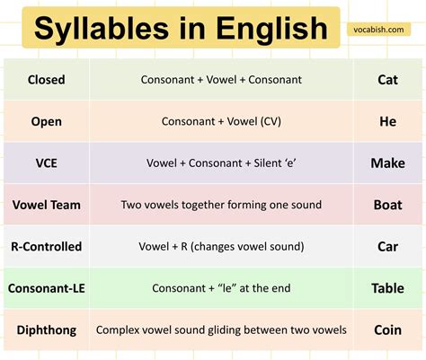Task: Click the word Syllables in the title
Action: [102, 29]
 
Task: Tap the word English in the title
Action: [271, 29]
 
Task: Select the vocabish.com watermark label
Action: [378, 30]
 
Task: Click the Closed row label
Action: [47, 80]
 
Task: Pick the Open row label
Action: [47, 122]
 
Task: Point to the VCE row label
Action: [47, 163]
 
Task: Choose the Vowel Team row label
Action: [47, 205]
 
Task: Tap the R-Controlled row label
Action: [47, 247]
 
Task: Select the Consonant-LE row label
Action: [47, 288]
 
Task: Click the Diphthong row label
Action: [47, 330]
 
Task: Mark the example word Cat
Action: [388, 80]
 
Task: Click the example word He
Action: [388, 121]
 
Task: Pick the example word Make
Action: [388, 163]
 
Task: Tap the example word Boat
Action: [388, 205]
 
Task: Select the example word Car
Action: [388, 247]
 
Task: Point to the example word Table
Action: [388, 288]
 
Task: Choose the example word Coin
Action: [388, 330]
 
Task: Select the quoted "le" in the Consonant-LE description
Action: [223, 288]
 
